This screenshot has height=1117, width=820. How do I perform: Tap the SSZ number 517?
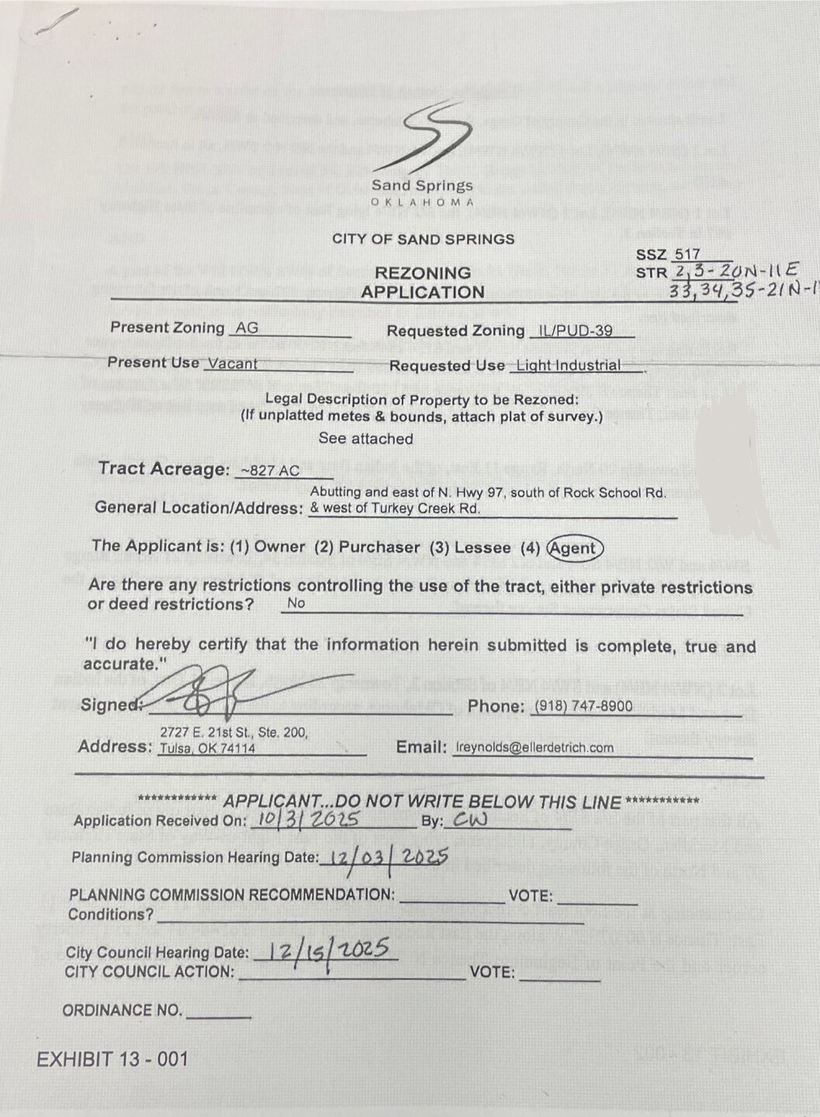(x=687, y=254)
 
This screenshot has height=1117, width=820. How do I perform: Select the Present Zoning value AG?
(x=247, y=328)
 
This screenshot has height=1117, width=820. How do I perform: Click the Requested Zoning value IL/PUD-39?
(x=575, y=331)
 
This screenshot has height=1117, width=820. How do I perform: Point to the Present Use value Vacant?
(x=232, y=364)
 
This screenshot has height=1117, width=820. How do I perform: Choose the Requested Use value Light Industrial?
(x=569, y=366)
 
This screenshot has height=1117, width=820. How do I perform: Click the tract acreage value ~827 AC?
(x=270, y=471)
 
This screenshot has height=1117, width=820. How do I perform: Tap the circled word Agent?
(x=574, y=548)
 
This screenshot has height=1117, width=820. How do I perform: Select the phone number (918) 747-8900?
(x=583, y=707)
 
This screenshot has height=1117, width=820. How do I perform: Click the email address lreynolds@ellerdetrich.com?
(x=535, y=748)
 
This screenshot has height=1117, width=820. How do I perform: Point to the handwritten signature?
(x=225, y=689)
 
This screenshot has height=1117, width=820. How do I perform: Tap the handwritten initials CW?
(x=471, y=820)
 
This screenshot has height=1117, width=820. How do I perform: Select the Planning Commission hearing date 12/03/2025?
(x=388, y=857)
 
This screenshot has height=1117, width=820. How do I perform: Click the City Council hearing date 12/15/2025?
(x=329, y=952)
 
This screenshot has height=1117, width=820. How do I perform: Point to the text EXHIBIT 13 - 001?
(x=112, y=1060)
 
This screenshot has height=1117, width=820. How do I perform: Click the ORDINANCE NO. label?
(x=123, y=1011)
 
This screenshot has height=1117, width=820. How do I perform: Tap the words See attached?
(x=365, y=439)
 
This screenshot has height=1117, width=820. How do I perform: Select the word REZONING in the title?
(x=422, y=273)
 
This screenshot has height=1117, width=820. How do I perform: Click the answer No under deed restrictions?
(x=296, y=603)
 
